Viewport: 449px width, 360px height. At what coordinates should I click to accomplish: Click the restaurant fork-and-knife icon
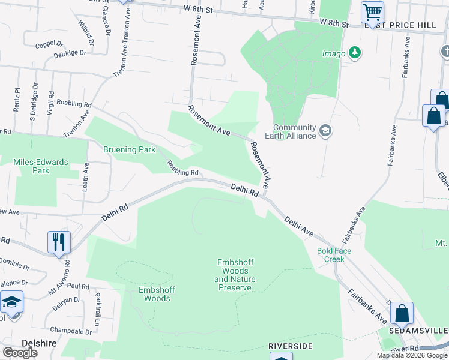(59, 242)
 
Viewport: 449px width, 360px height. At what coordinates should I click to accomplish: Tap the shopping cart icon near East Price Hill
(372, 11)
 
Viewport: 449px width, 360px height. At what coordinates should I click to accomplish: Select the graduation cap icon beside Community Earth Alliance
(325, 131)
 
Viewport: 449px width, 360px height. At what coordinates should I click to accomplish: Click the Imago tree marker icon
(355, 53)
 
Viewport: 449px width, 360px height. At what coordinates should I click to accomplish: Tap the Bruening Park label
(129, 149)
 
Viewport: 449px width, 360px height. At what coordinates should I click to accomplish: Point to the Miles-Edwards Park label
(41, 166)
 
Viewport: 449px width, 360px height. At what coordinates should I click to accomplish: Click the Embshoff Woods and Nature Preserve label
(235, 275)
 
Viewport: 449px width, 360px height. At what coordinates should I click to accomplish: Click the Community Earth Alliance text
(294, 131)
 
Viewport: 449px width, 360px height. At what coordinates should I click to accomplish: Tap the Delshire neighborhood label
(38, 343)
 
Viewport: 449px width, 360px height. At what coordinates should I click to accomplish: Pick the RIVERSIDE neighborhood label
(291, 347)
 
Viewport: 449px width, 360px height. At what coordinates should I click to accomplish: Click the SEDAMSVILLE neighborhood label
(419, 331)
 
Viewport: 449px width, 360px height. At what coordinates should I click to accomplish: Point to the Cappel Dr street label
(49, 44)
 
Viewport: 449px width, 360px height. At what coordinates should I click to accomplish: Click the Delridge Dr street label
(70, 53)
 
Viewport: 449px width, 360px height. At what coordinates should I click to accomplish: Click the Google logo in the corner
(20, 352)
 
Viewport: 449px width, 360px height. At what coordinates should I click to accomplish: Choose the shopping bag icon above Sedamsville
(402, 313)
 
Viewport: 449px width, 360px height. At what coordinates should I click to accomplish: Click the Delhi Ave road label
(300, 226)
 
